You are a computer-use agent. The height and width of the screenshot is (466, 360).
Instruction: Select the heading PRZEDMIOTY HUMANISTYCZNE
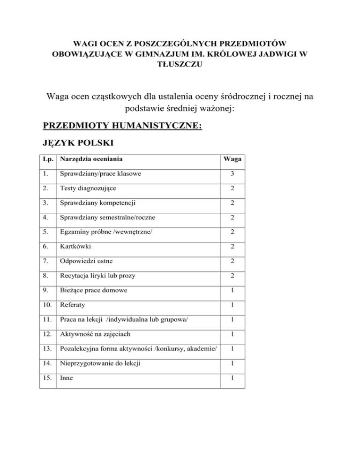coord(122,126)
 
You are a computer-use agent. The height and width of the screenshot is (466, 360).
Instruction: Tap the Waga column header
coord(232,159)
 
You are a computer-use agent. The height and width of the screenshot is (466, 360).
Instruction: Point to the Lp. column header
coord(46,159)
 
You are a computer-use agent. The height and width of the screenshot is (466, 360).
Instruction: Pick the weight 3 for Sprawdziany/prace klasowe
coord(232,173)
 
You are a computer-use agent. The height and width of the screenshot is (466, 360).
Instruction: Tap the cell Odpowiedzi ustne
coord(86,260)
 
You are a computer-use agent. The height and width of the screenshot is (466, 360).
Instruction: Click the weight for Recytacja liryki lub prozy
coord(232,275)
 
